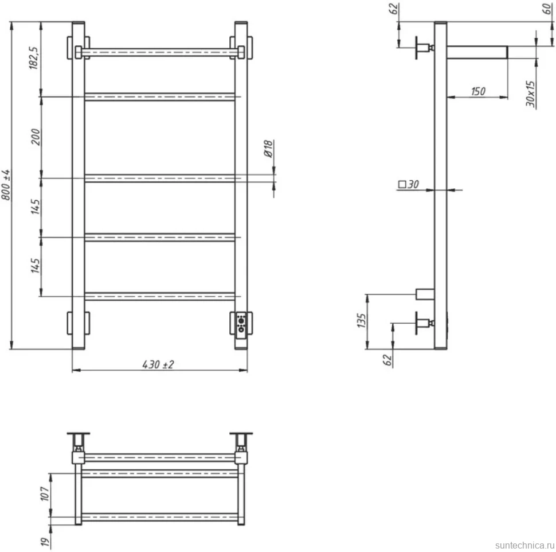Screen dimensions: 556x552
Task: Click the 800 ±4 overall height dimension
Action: coord(6,185)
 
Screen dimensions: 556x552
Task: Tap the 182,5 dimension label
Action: coord(33,58)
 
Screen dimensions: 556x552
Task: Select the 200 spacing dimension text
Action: coord(36,137)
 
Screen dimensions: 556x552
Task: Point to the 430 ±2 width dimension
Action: coord(158,364)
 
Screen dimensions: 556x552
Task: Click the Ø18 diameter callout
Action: coord(268,149)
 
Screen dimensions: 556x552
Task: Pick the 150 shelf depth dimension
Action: coord(478,92)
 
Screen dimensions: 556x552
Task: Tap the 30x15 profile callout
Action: coord(530,94)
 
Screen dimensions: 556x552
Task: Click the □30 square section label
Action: coord(409,184)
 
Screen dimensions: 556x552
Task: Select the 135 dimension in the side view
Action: coord(361,321)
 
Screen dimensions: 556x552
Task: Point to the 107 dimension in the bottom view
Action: coord(45,494)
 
